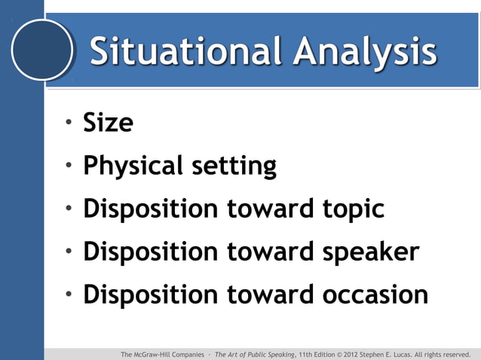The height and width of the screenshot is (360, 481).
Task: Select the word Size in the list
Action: tap(108, 122)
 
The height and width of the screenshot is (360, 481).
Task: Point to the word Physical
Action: tap(133, 166)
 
